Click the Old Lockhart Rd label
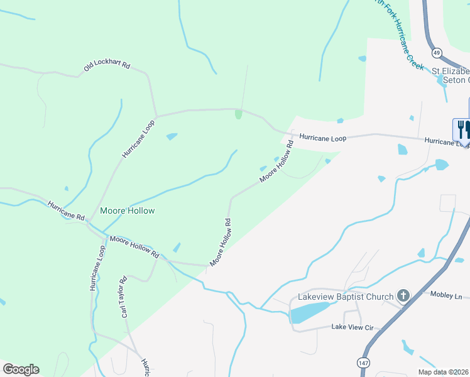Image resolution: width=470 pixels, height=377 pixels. click(x=107, y=66)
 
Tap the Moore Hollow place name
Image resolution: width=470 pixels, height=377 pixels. click(x=127, y=210)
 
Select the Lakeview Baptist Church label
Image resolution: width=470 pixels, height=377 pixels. click(x=345, y=296)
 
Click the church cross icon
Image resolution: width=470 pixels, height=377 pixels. click(x=403, y=295)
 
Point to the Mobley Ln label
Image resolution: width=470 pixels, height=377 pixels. click(x=445, y=295)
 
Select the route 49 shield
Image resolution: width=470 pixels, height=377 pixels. click(x=437, y=52)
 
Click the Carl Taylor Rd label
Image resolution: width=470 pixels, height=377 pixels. click(x=124, y=297)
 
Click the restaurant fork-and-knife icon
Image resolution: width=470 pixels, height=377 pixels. click(x=462, y=129)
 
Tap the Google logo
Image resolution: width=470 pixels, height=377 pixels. click(x=21, y=369)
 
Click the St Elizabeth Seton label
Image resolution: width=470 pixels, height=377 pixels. click(x=450, y=75)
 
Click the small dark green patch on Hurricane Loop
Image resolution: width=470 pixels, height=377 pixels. click(x=238, y=114)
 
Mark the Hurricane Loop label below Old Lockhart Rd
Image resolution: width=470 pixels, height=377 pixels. click(x=138, y=139)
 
